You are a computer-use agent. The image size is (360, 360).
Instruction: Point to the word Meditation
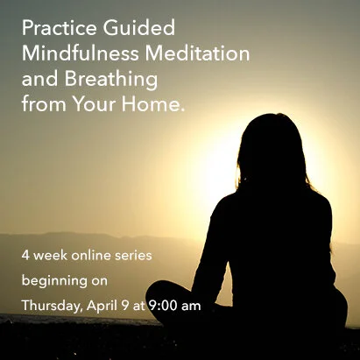click(196, 53)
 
